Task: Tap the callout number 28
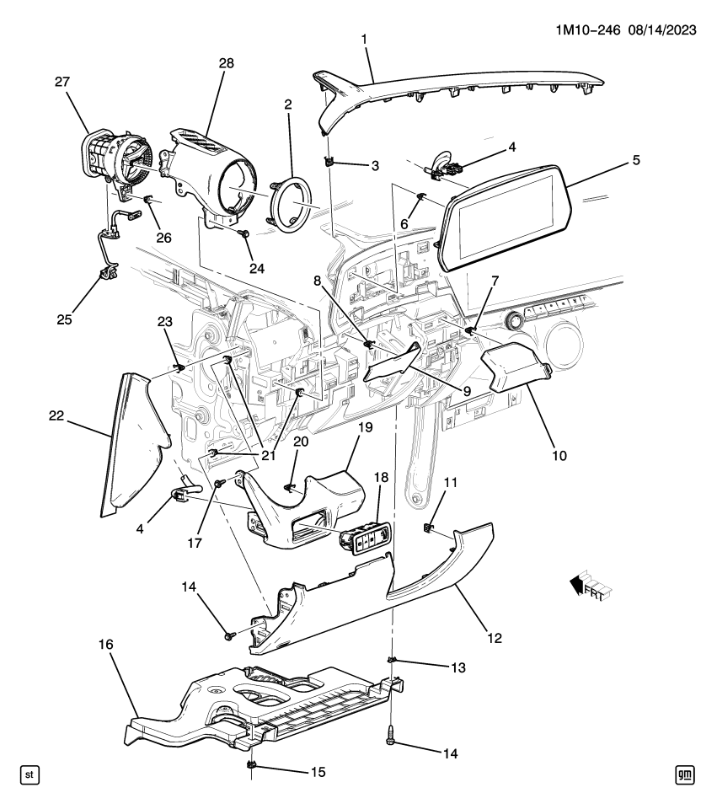[226, 63]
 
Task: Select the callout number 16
[104, 645]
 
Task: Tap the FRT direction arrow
[590, 585]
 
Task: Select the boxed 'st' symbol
[29, 773]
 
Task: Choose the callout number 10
[559, 456]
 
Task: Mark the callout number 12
[494, 638]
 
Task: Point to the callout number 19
[365, 428]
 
